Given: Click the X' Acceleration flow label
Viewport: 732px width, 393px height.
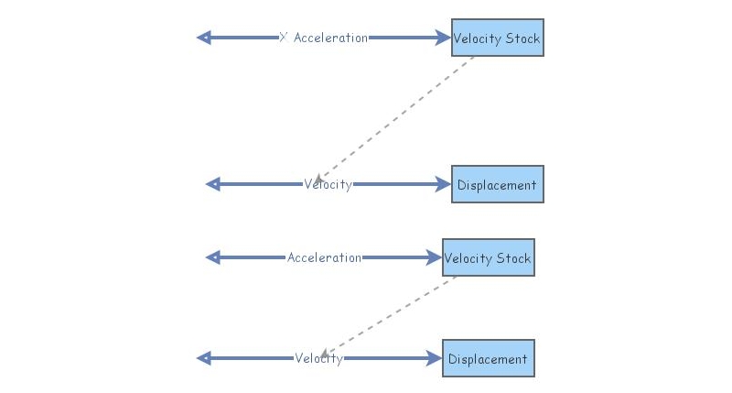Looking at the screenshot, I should [x=323, y=38].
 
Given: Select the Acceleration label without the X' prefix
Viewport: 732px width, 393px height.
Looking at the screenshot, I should [x=324, y=257].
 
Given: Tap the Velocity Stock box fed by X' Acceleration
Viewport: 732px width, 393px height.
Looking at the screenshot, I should [x=497, y=38].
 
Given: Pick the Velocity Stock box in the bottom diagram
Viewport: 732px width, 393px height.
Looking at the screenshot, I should [x=488, y=258].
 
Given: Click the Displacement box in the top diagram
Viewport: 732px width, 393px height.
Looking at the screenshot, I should [x=497, y=185].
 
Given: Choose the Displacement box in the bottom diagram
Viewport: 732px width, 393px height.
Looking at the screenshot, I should [x=488, y=359].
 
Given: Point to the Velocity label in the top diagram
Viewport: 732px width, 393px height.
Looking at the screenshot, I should [x=328, y=184].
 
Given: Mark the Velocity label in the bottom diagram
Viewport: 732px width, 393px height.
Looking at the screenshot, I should [x=318, y=358].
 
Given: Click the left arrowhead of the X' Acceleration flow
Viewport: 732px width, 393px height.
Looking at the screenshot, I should [x=204, y=38].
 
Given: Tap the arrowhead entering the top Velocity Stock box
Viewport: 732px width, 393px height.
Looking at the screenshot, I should [x=445, y=38].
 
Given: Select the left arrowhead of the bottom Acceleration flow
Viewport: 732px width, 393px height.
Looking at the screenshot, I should [x=212, y=257].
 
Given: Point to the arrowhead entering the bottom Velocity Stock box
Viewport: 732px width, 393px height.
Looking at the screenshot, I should [x=436, y=257].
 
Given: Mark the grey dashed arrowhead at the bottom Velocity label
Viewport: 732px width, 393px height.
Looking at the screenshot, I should [x=325, y=353].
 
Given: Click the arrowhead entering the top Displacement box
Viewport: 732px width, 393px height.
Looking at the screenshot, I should [x=445, y=184].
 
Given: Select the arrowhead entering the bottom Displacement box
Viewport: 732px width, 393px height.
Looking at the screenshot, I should [x=436, y=358].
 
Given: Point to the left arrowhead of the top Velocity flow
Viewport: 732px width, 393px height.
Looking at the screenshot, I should [x=212, y=184].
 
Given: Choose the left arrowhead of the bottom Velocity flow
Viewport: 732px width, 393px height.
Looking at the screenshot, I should [x=204, y=358].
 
